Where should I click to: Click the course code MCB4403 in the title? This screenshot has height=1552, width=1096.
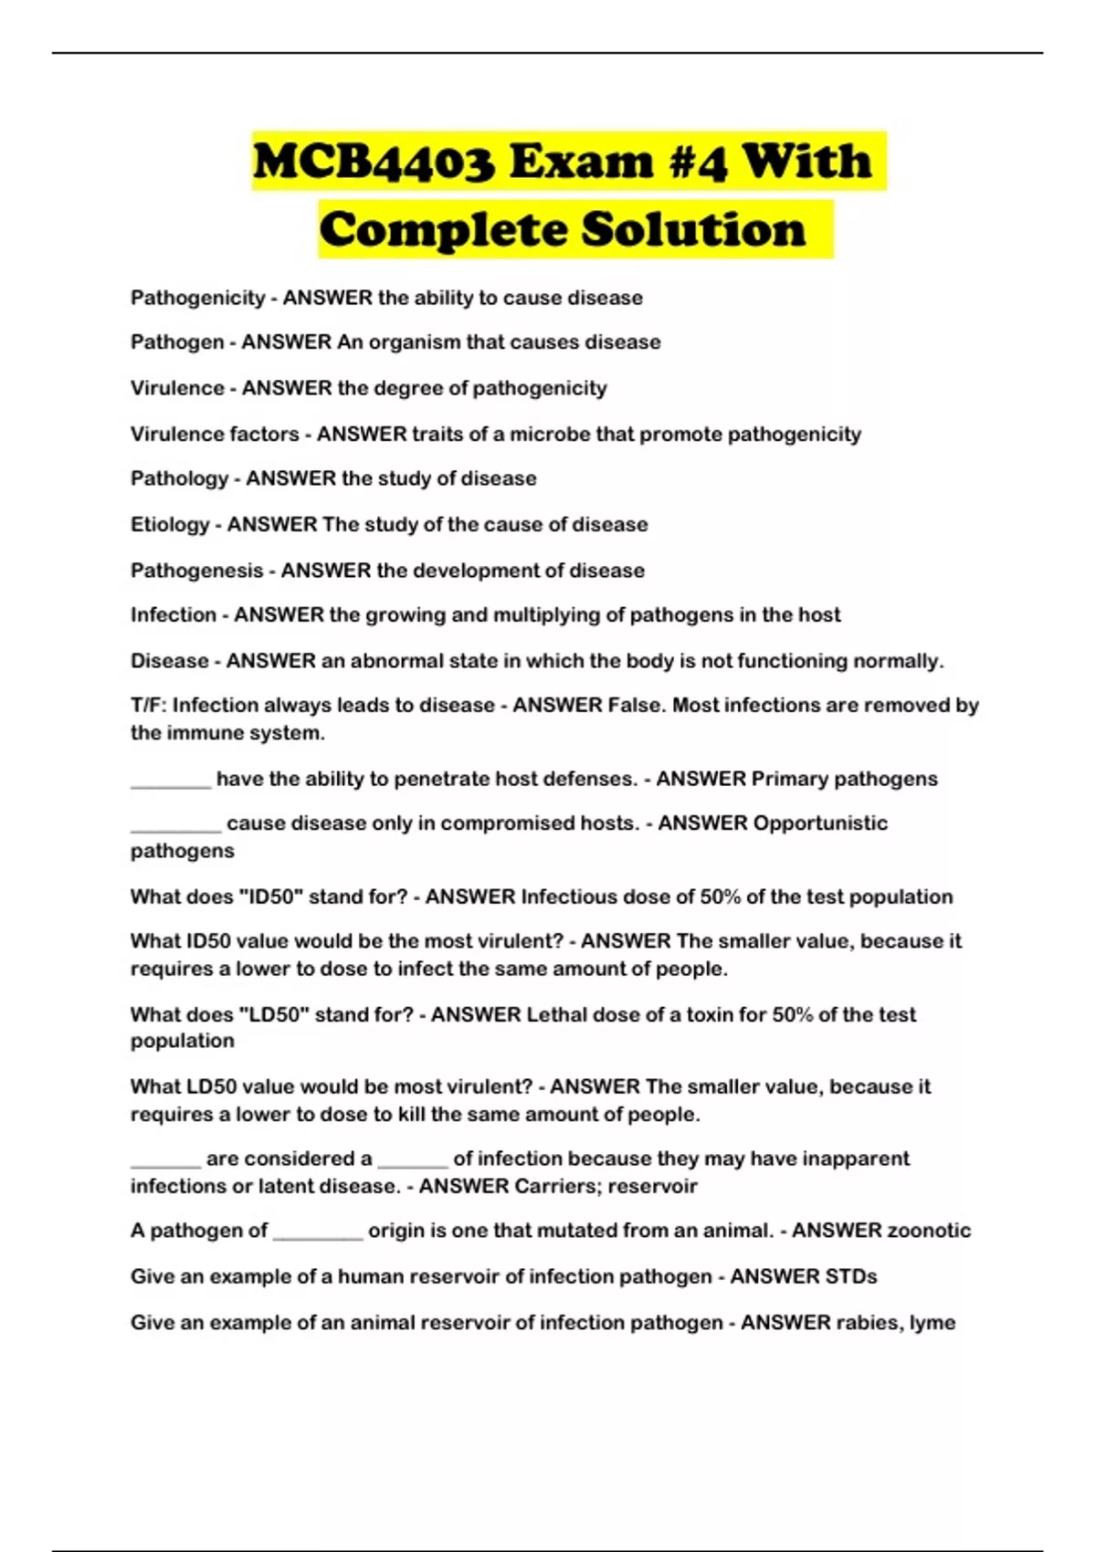(x=374, y=163)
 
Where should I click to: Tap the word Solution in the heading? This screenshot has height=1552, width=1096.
(x=693, y=229)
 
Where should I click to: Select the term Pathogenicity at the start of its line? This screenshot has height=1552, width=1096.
(x=197, y=298)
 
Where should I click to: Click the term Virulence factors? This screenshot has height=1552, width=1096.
(x=215, y=434)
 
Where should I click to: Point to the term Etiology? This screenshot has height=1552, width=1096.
(x=170, y=525)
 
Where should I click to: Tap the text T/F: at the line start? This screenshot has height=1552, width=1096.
(x=148, y=706)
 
